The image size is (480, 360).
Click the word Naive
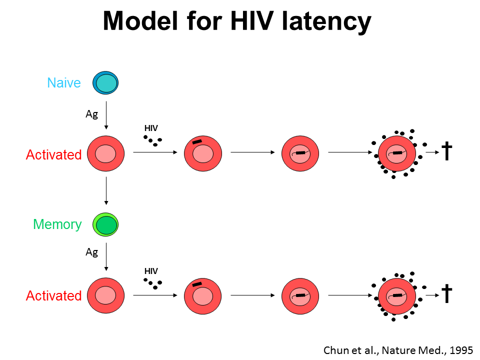(x=64, y=82)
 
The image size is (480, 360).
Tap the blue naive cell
(x=105, y=83)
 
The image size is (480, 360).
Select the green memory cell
(x=105, y=224)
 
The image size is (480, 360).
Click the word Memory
(x=57, y=224)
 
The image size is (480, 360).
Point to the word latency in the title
(x=319, y=21)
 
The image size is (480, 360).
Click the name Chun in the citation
(x=336, y=349)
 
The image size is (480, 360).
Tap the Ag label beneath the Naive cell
(x=91, y=114)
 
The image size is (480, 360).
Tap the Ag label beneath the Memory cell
(x=91, y=252)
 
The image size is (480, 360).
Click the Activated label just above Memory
(x=53, y=154)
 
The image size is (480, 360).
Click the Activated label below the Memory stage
(x=53, y=295)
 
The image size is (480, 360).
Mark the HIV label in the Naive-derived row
(x=151, y=128)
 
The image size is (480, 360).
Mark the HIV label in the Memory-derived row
(x=151, y=271)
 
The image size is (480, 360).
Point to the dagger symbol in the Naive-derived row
(x=447, y=151)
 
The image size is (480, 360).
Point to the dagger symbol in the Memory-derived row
(x=447, y=294)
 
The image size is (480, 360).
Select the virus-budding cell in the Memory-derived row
(x=397, y=295)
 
